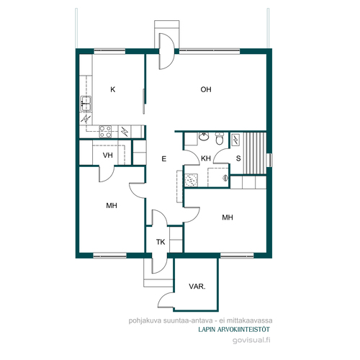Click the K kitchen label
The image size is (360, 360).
coord(113,89)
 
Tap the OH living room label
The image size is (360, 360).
coord(206,89)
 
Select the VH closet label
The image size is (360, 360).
coord(108,156)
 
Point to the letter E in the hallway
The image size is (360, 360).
coord(164,159)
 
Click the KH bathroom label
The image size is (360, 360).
coord(206,158)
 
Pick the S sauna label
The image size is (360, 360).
coord(238,158)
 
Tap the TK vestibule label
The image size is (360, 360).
coord(161,242)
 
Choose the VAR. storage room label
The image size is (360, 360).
coord(197,287)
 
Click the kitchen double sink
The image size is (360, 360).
coord(86,104)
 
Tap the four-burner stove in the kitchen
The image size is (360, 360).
coord(105,132)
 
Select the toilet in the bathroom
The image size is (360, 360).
coord(219,138)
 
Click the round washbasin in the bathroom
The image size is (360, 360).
coord(204,137)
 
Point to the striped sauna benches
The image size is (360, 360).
coord(255,153)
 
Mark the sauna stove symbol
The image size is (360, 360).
coord(235,140)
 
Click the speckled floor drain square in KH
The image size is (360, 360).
coord(192,181)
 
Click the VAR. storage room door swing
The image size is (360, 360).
coord(164,300)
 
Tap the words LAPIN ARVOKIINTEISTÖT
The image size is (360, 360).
coord(234,330)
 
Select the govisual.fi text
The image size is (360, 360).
coord(251,340)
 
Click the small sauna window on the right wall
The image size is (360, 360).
coord(271,160)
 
